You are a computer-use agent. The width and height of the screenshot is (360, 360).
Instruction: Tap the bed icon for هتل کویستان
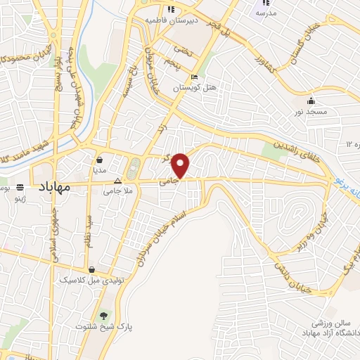tap(194, 77)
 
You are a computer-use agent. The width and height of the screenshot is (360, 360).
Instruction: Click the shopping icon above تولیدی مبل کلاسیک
tap(92, 269)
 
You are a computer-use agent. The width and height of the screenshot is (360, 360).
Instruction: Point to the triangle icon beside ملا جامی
tap(118, 180)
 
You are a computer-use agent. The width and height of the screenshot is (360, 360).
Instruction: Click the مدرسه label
tap(266, 13)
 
